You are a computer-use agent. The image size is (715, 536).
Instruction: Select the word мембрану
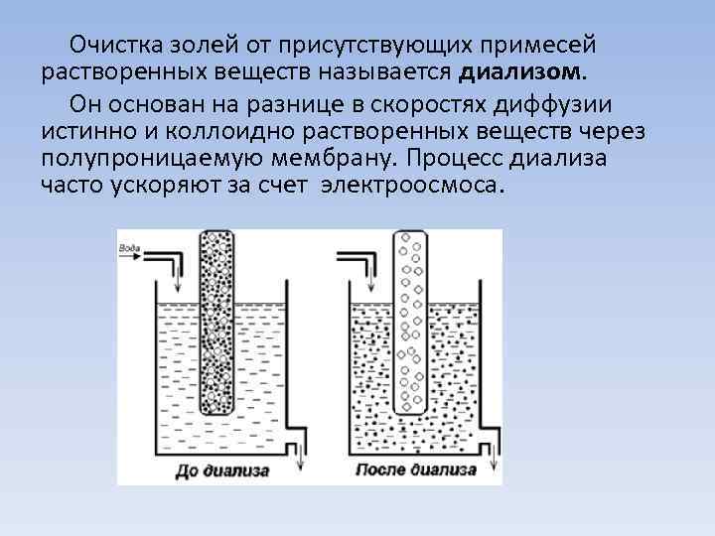pos(325,159)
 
